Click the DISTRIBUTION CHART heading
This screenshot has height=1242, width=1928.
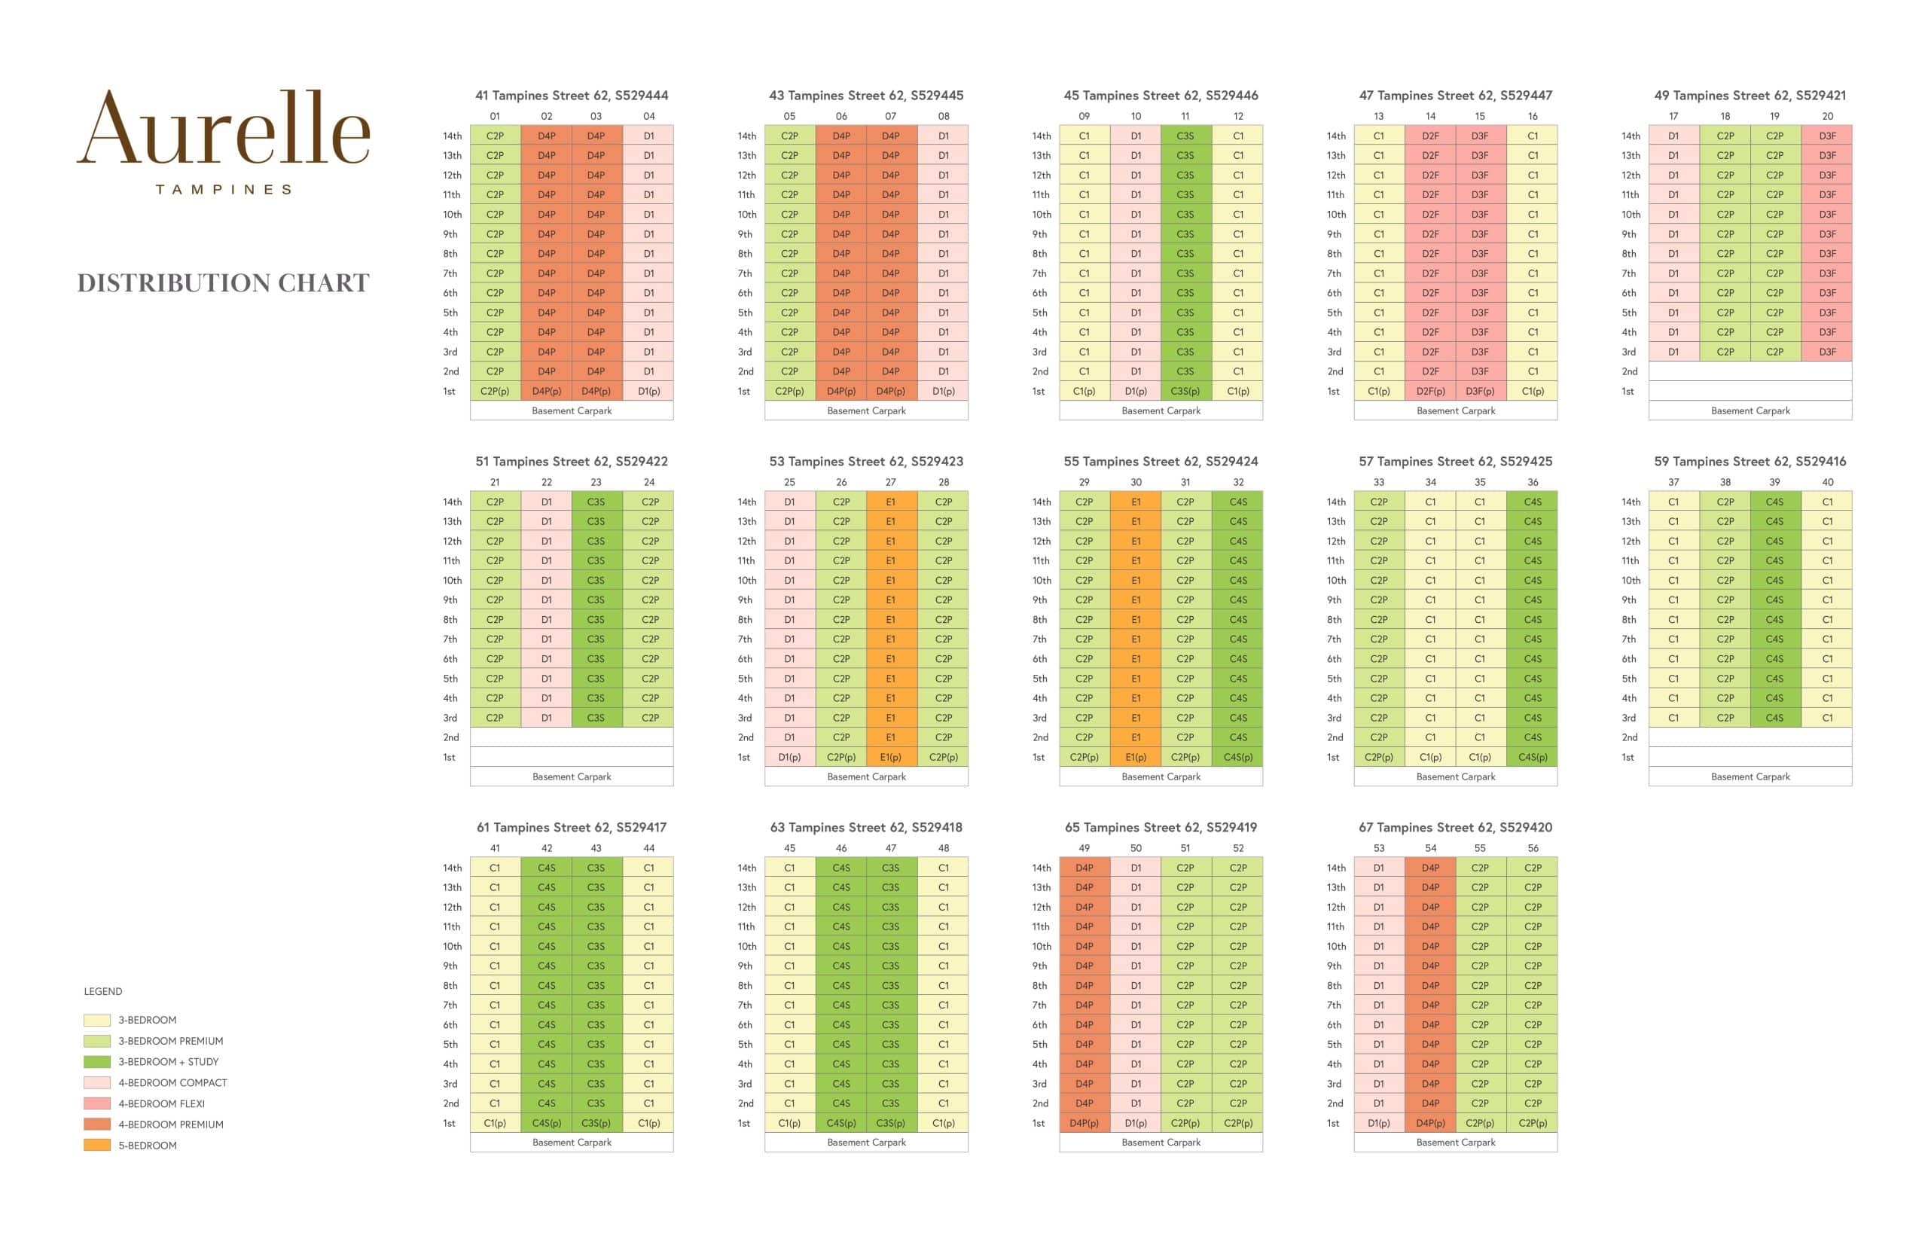[x=224, y=283]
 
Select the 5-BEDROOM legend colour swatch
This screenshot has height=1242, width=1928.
[x=96, y=1146]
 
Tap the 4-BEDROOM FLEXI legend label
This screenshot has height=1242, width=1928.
[x=161, y=1103]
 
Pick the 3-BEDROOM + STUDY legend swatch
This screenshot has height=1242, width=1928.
[x=96, y=1061]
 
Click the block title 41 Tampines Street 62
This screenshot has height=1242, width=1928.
[x=571, y=95]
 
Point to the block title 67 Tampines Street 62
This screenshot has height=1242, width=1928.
[x=1455, y=827]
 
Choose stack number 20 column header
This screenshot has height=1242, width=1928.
[x=1826, y=116]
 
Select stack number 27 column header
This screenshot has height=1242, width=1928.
[x=890, y=482]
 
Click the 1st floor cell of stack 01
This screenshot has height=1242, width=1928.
[x=494, y=391]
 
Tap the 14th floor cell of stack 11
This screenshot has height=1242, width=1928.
[x=1185, y=136]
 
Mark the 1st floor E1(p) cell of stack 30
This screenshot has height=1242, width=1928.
[x=1136, y=757]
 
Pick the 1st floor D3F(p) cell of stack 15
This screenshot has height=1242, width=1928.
[x=1479, y=391]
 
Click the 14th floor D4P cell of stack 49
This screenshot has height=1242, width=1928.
[x=1084, y=868]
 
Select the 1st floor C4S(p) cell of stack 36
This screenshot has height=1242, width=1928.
[x=1532, y=757]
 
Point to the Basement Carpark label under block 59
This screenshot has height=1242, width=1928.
[x=1750, y=777]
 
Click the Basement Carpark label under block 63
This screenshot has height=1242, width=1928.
[x=866, y=1142]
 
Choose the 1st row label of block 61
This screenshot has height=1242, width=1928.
[x=449, y=1123]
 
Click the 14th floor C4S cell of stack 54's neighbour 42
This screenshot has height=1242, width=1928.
[x=546, y=868]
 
